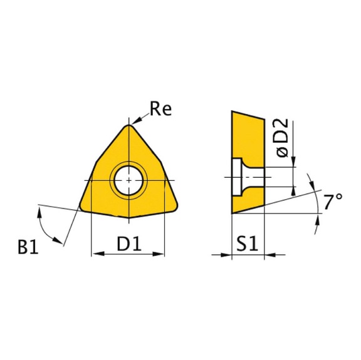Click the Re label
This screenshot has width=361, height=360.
pos(160,110)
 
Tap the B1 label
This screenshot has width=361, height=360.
pos(28,248)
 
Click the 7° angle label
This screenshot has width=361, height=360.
pos(333,202)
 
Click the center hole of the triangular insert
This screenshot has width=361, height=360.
pos(128,180)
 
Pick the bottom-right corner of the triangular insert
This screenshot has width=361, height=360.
pos(175,207)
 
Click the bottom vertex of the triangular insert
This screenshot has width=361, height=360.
pos(128,219)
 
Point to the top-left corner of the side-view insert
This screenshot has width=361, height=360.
pos(233,112)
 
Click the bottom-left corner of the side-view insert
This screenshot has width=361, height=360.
pos(233,213)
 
